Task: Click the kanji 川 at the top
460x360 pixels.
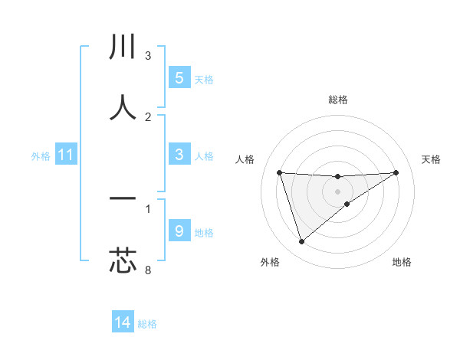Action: pyautogui.click(x=123, y=47)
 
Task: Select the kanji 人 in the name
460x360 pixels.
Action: pyautogui.click(x=123, y=107)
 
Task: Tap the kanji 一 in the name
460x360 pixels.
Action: pyautogui.click(x=123, y=199)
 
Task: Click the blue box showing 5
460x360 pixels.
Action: pyautogui.click(x=179, y=78)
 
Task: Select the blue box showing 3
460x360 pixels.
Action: pyautogui.click(x=179, y=155)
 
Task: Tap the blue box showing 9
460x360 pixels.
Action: pyautogui.click(x=179, y=231)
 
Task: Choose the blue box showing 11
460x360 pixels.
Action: pyautogui.click(x=65, y=155)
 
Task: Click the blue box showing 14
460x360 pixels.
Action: pyautogui.click(x=123, y=323)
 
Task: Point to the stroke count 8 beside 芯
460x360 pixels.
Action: pyautogui.click(x=148, y=270)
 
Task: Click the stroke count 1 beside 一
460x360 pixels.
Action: pyautogui.click(x=148, y=208)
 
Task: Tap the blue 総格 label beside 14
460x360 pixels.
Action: pyautogui.click(x=147, y=324)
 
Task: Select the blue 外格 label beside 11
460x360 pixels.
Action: pyautogui.click(x=41, y=156)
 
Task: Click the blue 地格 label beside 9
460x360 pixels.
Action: pyautogui.click(x=204, y=232)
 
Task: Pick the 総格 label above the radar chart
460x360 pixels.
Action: pyautogui.click(x=338, y=100)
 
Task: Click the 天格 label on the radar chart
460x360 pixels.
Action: pyautogui.click(x=432, y=159)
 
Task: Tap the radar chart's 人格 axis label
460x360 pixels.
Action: pyautogui.click(x=245, y=159)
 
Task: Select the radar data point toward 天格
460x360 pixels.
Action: pyautogui.click(x=396, y=172)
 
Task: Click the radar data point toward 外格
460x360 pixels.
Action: pyautogui.click(x=301, y=242)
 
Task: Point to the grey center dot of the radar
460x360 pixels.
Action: pyautogui.click(x=338, y=191)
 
